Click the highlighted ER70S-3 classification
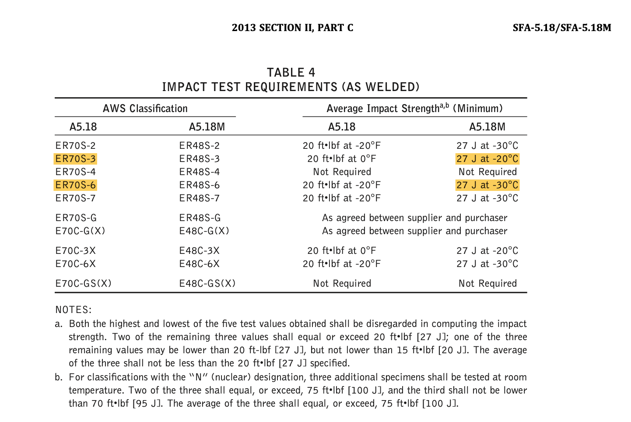tap(76, 159)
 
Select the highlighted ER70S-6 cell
tap(76, 185)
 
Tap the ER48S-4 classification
tap(200, 172)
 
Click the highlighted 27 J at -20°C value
tap(487, 159)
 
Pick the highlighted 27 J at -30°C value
tap(487, 185)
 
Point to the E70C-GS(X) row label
tap(84, 283)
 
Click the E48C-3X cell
tap(200, 250)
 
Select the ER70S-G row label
tap(76, 218)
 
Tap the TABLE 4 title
tap(291, 72)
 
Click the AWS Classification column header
tap(145, 109)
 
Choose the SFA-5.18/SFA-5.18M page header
tap(562, 28)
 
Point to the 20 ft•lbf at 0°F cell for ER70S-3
tap(342, 159)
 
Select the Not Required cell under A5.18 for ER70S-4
tap(342, 172)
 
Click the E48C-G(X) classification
tap(204, 231)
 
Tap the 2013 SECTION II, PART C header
tap(292, 28)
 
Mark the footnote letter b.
tap(58, 377)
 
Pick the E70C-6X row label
tap(76, 264)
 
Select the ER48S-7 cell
tap(200, 198)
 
